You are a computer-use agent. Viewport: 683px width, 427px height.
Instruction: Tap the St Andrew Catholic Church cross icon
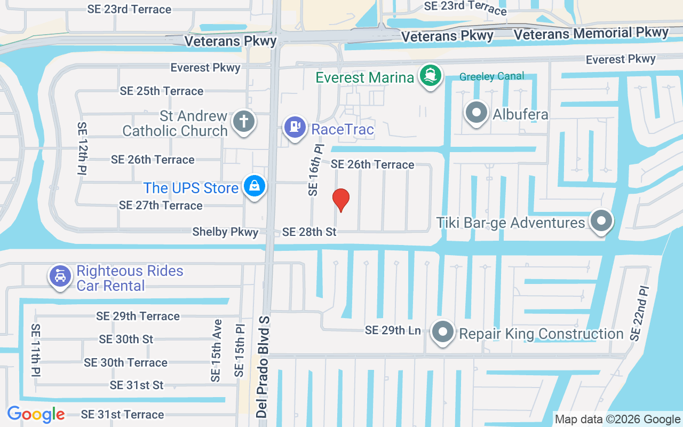pyautogui.click(x=244, y=121)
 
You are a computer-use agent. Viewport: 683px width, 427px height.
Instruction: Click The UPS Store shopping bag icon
pyautogui.click(x=255, y=186)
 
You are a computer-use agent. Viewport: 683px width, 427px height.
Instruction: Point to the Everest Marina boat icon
pyautogui.click(x=430, y=76)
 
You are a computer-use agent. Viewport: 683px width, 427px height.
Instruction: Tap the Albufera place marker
pyautogui.click(x=476, y=113)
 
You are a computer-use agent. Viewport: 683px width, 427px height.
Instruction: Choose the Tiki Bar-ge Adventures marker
pyautogui.click(x=601, y=220)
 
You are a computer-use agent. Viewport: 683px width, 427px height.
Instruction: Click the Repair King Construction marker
pyautogui.click(x=442, y=333)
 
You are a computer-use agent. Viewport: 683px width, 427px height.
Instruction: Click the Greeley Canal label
pyautogui.click(x=491, y=76)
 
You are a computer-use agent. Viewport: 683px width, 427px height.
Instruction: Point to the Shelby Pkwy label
pyautogui.click(x=225, y=232)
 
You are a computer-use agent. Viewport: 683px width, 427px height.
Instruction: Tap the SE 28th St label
pyautogui.click(x=309, y=232)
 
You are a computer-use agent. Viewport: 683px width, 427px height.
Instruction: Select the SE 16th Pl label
pyautogui.click(x=315, y=169)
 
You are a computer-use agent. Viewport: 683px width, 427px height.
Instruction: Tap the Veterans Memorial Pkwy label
pyautogui.click(x=591, y=34)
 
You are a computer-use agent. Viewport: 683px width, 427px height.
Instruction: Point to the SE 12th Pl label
pyautogui.click(x=83, y=148)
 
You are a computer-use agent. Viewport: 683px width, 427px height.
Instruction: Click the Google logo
pyautogui.click(x=36, y=414)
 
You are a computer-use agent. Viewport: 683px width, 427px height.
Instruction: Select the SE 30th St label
pyautogui.click(x=126, y=339)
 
